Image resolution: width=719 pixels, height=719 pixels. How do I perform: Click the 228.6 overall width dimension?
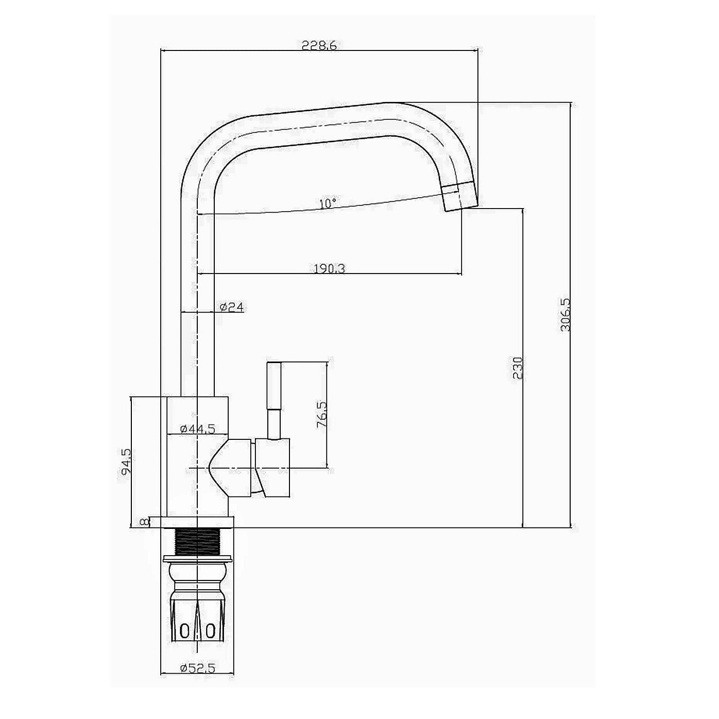[319, 45]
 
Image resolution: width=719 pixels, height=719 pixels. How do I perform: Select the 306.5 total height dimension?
[565, 314]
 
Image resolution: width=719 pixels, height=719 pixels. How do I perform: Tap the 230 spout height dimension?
[518, 368]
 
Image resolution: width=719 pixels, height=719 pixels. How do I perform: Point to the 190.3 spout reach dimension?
[330, 268]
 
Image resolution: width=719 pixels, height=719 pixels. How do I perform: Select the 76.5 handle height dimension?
[322, 415]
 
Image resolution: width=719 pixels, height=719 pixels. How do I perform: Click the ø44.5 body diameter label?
[197, 429]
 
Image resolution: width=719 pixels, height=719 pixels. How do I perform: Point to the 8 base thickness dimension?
[145, 522]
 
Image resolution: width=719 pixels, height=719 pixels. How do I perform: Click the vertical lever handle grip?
[273, 386]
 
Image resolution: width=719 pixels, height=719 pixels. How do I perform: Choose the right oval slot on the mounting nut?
[210, 631]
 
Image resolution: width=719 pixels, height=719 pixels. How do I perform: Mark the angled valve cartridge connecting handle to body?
[233, 467]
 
